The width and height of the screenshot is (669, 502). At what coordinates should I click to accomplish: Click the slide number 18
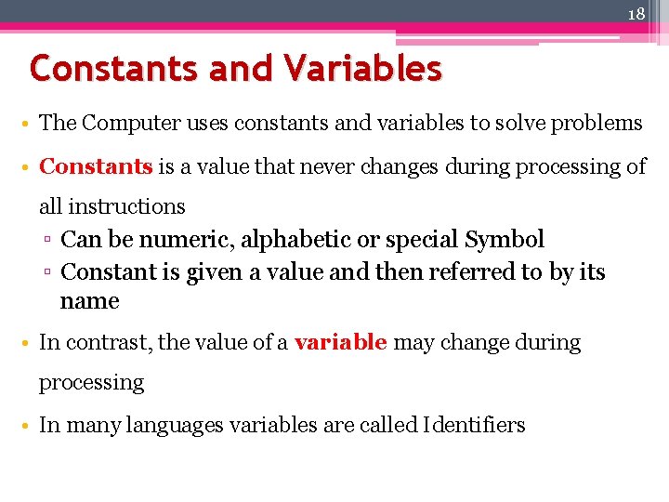636,14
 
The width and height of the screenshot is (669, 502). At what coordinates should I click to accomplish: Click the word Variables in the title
362,68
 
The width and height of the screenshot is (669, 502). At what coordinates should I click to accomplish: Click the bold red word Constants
97,167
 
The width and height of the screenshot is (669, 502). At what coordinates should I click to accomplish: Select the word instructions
126,206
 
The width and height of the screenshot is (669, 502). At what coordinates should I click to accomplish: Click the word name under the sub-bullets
89,301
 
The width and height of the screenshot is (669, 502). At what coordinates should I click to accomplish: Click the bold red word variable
340,342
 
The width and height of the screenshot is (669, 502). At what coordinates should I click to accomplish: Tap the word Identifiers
474,426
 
